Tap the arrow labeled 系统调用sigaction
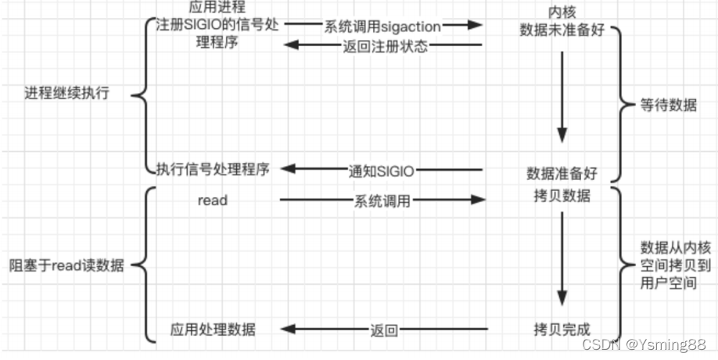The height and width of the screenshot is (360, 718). (382, 25)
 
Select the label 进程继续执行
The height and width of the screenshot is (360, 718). (66, 93)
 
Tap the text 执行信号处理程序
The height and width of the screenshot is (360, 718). (212, 169)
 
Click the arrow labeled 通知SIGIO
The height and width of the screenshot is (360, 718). (382, 170)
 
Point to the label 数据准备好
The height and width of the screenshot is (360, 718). (563, 172)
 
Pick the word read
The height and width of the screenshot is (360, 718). (212, 200)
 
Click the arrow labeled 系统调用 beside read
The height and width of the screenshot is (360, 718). (382, 201)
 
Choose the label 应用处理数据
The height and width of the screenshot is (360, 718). (213, 329)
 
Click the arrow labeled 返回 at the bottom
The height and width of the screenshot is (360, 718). (382, 330)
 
